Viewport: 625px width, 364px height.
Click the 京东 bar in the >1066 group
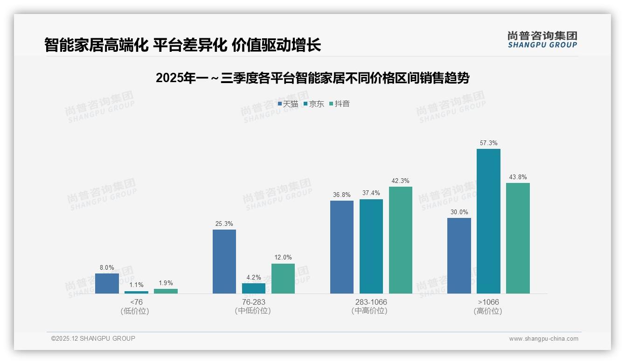(x=488, y=221)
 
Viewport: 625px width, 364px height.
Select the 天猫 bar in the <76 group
(x=107, y=284)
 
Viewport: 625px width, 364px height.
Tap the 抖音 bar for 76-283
(x=283, y=279)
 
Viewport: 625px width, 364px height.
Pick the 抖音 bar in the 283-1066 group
(x=401, y=240)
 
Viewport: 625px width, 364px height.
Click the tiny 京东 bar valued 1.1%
(x=136, y=292)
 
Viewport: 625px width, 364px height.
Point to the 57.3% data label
(x=488, y=143)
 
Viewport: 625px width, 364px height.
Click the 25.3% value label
(x=224, y=224)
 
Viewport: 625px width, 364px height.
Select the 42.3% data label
(x=401, y=181)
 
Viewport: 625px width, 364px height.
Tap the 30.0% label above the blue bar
(x=459, y=212)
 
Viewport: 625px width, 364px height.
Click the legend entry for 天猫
(x=288, y=104)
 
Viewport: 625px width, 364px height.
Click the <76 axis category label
(x=136, y=302)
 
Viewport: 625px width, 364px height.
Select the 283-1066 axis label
(x=371, y=302)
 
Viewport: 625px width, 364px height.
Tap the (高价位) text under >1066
(x=488, y=311)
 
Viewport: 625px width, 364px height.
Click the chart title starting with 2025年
(x=312, y=78)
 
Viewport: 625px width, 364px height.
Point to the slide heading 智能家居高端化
(x=182, y=45)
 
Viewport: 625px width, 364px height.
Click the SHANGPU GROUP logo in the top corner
(x=542, y=40)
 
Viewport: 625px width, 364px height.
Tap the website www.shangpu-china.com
(x=543, y=339)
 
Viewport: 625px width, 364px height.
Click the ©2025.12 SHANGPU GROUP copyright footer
(x=93, y=339)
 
